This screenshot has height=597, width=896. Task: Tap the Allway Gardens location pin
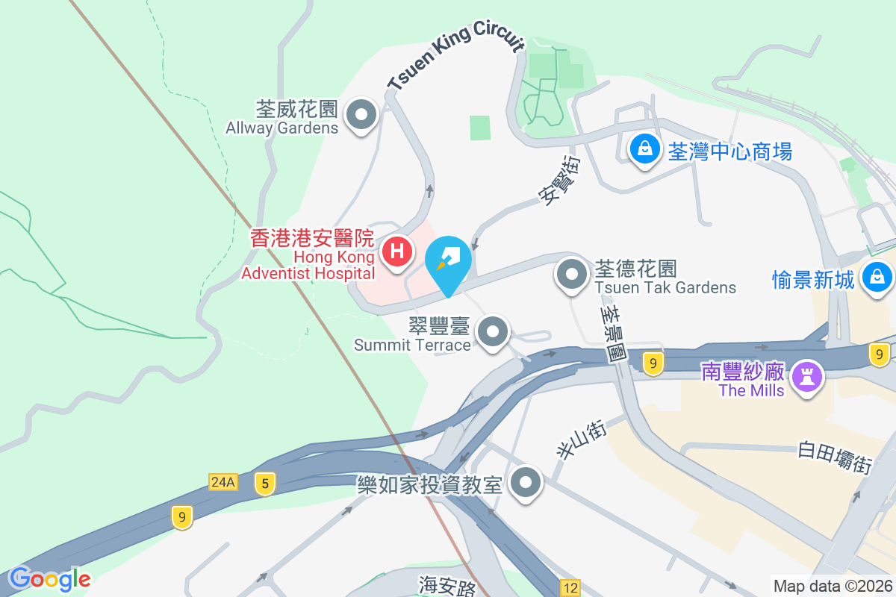click(363, 116)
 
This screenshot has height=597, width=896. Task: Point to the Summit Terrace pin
click(492, 331)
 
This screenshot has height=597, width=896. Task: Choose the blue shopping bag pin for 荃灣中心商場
click(644, 149)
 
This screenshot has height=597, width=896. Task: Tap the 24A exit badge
click(223, 483)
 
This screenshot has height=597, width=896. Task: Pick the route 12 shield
click(570, 588)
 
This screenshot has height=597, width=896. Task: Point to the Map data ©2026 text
click(832, 586)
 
